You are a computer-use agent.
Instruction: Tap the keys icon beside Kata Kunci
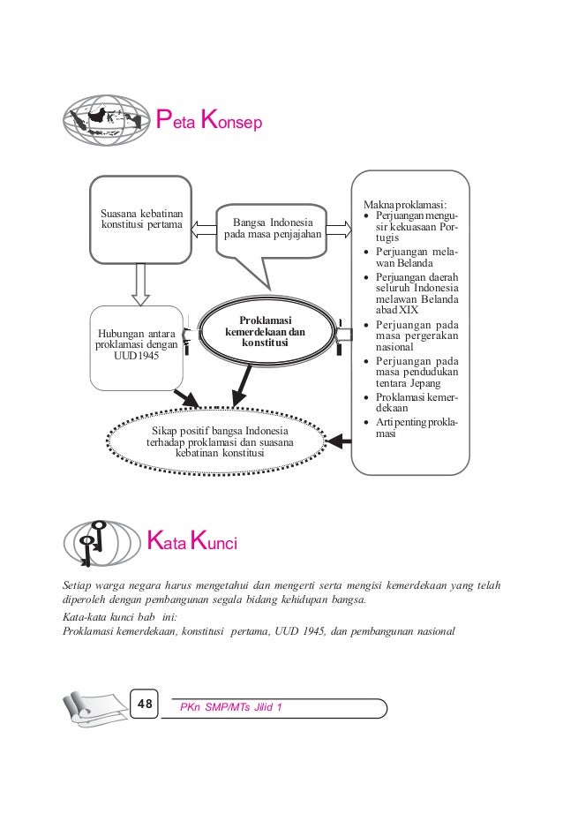coord(99,540)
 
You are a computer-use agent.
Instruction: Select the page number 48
coord(145,704)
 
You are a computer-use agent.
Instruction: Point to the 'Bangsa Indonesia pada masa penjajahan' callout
coord(273,229)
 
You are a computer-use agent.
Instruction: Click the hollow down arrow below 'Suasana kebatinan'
coord(139,283)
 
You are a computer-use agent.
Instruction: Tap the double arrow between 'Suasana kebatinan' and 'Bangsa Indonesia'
coord(204,230)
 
